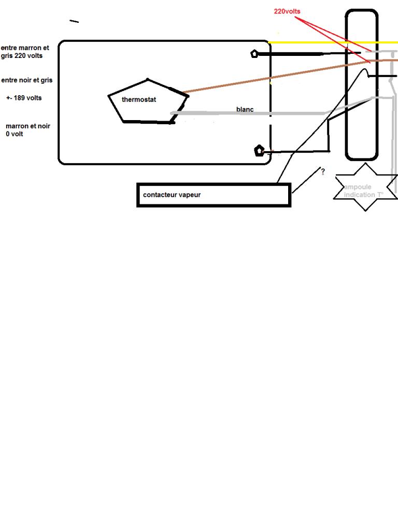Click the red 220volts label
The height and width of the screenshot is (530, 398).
pos(287,11)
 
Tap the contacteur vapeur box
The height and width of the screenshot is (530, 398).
pos(214,195)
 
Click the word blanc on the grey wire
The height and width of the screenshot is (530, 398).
pos(245,109)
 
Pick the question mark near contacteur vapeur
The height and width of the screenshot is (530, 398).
pos(323,171)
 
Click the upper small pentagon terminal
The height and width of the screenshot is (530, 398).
pos(254,53)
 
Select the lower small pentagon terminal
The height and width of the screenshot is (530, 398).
pos(259,151)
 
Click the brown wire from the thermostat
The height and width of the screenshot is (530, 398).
pos(269,78)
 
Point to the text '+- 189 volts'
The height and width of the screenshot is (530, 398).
pos(24,98)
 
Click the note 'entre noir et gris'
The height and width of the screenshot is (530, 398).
pos(27,80)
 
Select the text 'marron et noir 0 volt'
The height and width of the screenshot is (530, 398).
pos(28,130)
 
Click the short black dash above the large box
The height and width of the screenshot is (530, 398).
pos(74,21)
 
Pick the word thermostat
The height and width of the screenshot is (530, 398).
pos(139,99)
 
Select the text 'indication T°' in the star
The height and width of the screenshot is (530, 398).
pos(364,195)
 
